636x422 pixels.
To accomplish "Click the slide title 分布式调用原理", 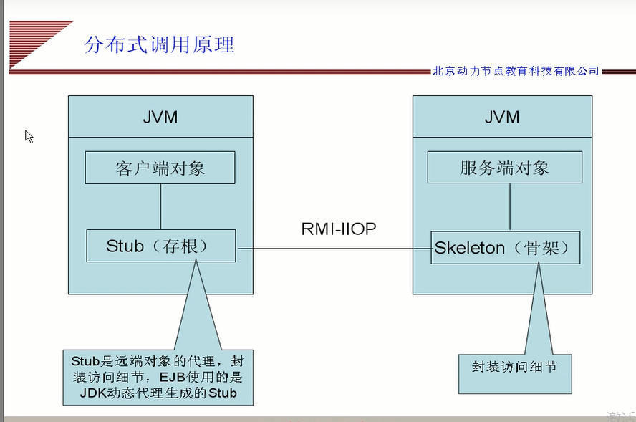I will (x=159, y=44).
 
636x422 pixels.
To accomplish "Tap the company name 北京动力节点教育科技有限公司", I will (x=515, y=71).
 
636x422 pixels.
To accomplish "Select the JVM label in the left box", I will (x=160, y=117).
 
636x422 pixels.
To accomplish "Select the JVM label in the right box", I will (x=502, y=117).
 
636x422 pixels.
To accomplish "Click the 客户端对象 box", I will (x=160, y=168).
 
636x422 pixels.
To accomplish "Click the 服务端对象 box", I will (x=504, y=168).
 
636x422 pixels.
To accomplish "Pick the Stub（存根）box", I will (x=160, y=246).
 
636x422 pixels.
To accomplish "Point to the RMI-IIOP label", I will (x=339, y=229).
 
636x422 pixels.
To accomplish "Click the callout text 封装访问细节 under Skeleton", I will (x=514, y=367).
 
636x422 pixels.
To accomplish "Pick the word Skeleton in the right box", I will (x=470, y=248).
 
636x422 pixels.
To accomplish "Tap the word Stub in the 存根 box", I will (x=125, y=246).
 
